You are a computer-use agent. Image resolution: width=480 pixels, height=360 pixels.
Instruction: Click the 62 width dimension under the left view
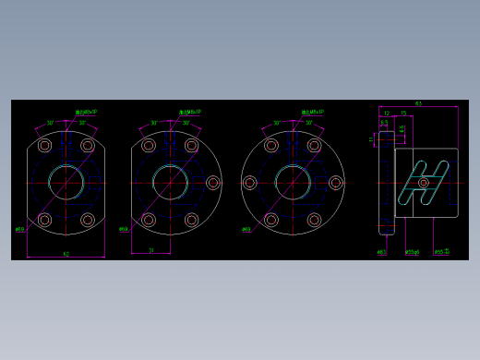click(x=66, y=252)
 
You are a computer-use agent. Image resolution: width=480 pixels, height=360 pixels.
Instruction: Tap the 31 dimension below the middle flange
click(x=150, y=249)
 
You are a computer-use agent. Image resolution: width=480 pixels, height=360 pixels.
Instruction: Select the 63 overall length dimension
click(x=418, y=104)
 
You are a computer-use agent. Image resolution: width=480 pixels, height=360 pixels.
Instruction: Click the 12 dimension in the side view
click(x=387, y=114)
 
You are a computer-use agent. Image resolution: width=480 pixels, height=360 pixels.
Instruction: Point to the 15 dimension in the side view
click(x=403, y=114)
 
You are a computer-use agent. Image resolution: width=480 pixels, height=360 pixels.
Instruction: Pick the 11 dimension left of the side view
click(x=372, y=140)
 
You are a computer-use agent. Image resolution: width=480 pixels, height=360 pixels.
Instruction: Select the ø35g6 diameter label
click(x=412, y=251)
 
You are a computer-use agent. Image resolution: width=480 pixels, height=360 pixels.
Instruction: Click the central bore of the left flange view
click(x=66, y=182)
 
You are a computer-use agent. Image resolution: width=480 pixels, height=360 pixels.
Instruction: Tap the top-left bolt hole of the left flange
click(x=44, y=146)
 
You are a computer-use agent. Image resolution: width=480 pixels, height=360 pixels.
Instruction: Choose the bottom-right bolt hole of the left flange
click(x=88, y=220)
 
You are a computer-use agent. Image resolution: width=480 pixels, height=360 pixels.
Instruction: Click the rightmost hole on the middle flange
click(x=213, y=183)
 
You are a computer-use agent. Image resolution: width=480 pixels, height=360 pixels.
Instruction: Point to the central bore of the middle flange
click(x=170, y=183)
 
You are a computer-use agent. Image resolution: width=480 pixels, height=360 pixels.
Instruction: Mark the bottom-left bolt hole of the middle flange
click(x=148, y=220)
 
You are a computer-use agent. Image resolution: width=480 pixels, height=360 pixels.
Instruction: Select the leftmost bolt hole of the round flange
click(x=249, y=183)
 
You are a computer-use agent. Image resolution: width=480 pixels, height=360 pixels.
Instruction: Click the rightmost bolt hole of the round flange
click(x=336, y=183)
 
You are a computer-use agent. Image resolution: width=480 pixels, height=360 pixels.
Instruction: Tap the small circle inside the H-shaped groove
click(x=424, y=182)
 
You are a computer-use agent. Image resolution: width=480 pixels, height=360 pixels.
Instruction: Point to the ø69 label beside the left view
click(x=19, y=228)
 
